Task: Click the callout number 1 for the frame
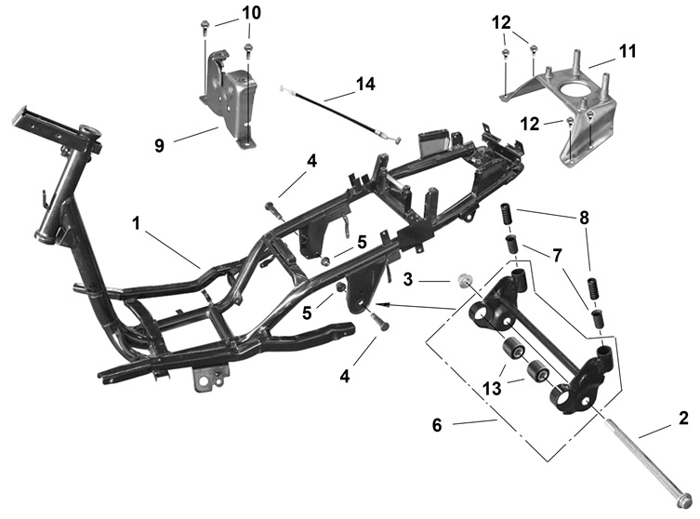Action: (x=137, y=224)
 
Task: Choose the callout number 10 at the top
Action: (x=251, y=13)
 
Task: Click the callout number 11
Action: (x=628, y=51)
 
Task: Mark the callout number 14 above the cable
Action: (x=365, y=85)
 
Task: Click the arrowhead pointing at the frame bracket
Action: (x=384, y=304)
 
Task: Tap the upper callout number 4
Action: (x=311, y=161)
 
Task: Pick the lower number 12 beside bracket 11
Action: (x=528, y=123)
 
